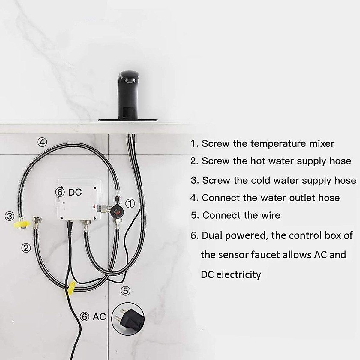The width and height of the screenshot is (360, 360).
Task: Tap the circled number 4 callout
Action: coord(42,142)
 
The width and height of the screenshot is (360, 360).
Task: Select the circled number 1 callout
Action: coord(129,203)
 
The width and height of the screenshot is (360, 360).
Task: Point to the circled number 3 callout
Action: coord(10,216)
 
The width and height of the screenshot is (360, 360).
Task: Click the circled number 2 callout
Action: coord(26,247)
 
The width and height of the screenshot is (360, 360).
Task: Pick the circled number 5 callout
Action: coord(125,290)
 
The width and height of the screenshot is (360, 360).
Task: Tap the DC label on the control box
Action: coord(75,192)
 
